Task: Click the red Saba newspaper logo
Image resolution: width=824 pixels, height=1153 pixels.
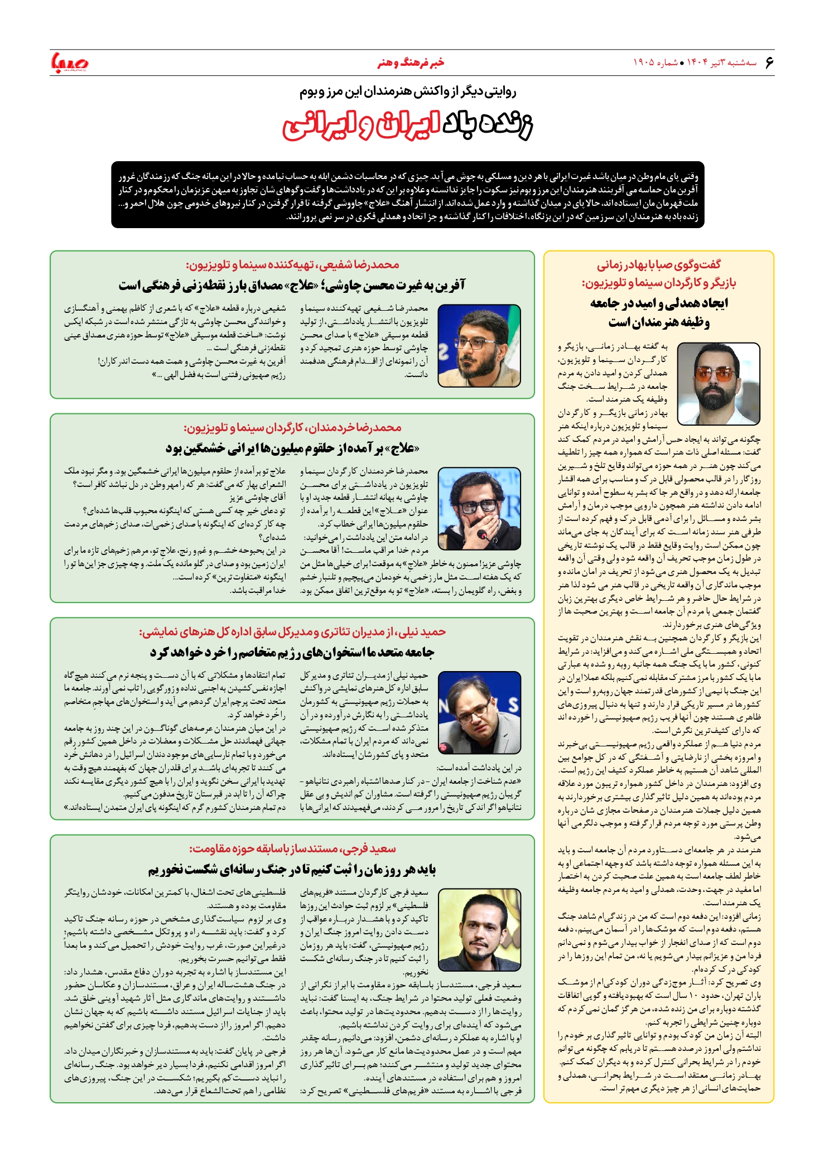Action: tap(70, 62)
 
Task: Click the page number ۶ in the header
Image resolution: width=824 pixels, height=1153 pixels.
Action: tap(770, 62)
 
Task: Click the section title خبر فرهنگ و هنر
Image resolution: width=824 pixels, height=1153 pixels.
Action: tap(411, 62)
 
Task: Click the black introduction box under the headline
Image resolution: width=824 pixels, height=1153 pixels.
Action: tap(408, 195)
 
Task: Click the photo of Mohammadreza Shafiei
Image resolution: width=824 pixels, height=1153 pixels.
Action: tap(479, 345)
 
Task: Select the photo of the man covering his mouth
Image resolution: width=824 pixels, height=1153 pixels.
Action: tap(479, 509)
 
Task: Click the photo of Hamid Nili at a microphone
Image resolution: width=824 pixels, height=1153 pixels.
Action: tap(479, 712)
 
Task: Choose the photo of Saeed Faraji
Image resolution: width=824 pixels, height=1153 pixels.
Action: tap(479, 930)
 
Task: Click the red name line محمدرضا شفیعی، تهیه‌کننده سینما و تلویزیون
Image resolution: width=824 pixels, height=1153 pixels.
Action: tap(292, 265)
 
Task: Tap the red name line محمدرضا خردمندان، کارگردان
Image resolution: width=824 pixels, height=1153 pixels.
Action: tap(292, 428)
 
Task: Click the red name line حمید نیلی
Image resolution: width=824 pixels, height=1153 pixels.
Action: tap(292, 632)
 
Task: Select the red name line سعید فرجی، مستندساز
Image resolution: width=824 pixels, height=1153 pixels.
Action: tap(292, 849)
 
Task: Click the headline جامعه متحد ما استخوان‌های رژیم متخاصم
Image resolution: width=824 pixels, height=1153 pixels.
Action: tap(292, 652)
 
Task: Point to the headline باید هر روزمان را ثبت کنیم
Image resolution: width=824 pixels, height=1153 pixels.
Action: tap(292, 870)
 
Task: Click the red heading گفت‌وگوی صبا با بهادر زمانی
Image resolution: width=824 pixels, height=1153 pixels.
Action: tap(659, 265)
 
